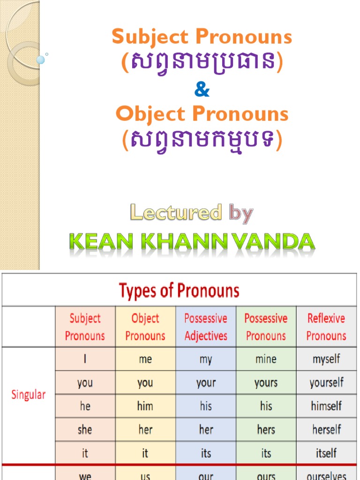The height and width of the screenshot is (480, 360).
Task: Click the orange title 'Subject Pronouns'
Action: (202, 37)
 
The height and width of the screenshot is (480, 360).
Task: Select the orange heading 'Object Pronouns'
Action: (202, 114)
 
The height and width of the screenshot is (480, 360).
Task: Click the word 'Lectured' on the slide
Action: (176, 213)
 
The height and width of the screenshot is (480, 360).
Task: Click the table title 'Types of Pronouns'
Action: (179, 291)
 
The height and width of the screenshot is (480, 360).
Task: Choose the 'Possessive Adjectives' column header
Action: (206, 327)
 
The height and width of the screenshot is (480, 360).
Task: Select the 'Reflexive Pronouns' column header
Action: (326, 327)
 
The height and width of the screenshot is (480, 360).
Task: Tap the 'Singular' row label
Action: (29, 394)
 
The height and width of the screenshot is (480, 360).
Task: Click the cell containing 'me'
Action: (145, 360)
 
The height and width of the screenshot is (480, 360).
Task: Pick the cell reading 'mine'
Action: (266, 360)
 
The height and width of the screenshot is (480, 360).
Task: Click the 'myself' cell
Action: (326, 360)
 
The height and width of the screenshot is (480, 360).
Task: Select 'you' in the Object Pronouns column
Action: (145, 383)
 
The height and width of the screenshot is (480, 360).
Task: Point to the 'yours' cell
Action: (266, 383)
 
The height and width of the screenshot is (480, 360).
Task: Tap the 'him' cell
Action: (145, 406)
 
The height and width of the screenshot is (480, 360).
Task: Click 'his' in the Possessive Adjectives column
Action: (206, 406)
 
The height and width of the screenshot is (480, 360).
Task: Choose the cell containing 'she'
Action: (85, 429)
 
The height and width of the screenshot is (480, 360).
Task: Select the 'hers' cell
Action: (266, 429)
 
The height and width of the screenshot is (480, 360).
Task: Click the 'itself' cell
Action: (326, 453)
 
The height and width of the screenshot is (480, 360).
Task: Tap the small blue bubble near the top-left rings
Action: (41, 60)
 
